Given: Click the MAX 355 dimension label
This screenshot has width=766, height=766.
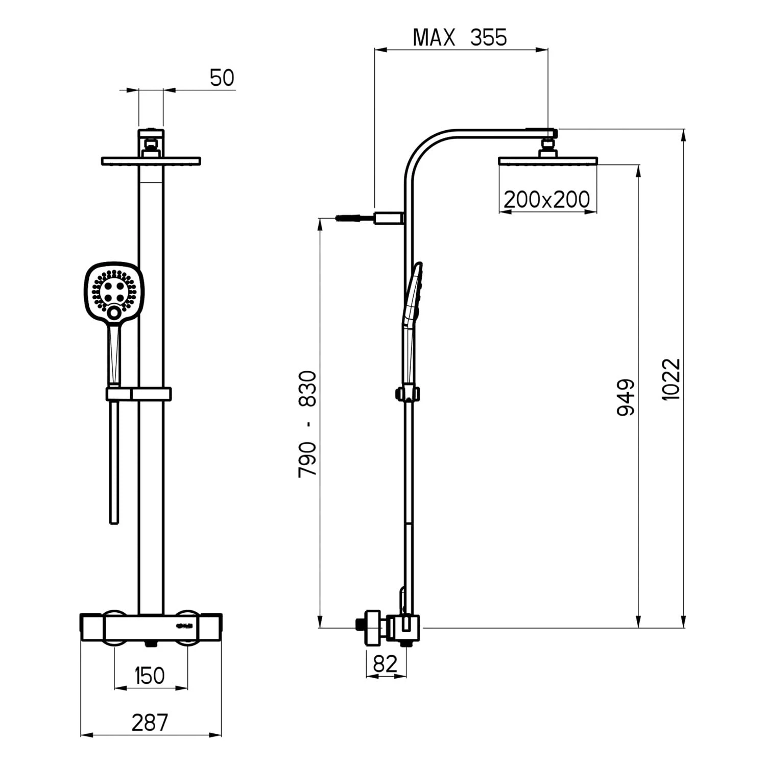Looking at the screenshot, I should coord(460,38).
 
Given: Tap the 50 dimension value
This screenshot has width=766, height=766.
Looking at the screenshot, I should coord(222,78).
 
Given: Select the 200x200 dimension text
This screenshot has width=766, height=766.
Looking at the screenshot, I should coord(546,199).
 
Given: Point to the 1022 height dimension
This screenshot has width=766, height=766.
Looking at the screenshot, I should coord(671,379).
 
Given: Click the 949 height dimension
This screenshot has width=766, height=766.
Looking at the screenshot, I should coord(625,397).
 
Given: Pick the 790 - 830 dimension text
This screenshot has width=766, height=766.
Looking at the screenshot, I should coord(307,424).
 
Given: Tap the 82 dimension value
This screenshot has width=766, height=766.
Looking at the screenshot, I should coord(385,664).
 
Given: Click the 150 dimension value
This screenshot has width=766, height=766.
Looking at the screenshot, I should coord(150,676).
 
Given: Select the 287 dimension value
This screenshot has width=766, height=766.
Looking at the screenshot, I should coord(150,723).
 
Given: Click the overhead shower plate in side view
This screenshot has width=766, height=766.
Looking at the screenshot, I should coord(547,161).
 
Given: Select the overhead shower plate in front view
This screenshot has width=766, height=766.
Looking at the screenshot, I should coord(151,161).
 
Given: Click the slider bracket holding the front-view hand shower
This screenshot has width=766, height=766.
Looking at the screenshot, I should coord(138,394).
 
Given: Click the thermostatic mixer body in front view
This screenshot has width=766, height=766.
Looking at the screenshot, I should coord(151,628).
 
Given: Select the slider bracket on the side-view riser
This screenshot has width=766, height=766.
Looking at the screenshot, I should coord(408,394).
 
